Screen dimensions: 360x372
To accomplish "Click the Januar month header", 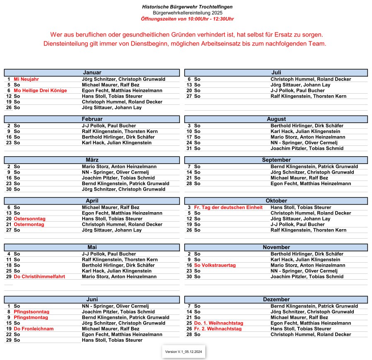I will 92,72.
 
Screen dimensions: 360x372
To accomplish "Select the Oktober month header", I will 276,201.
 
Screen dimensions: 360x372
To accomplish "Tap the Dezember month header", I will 276,300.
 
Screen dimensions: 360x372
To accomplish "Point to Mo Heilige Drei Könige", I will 40,90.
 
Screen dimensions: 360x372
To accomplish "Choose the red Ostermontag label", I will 29,225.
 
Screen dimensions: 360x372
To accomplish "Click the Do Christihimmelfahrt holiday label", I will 39,277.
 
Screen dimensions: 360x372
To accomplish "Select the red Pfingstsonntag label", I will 32,312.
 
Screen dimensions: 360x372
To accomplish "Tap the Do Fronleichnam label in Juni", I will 34,329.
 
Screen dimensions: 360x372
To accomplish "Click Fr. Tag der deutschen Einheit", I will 228,208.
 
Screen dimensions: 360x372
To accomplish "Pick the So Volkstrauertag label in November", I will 215,266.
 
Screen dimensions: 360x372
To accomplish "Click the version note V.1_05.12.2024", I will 183,352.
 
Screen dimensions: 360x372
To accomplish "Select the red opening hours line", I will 187,19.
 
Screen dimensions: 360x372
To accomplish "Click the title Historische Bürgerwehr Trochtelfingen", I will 187,7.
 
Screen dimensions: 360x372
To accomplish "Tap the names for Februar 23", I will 117,143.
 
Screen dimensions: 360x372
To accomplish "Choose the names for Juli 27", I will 308,96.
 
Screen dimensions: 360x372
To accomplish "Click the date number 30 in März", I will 9,189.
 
